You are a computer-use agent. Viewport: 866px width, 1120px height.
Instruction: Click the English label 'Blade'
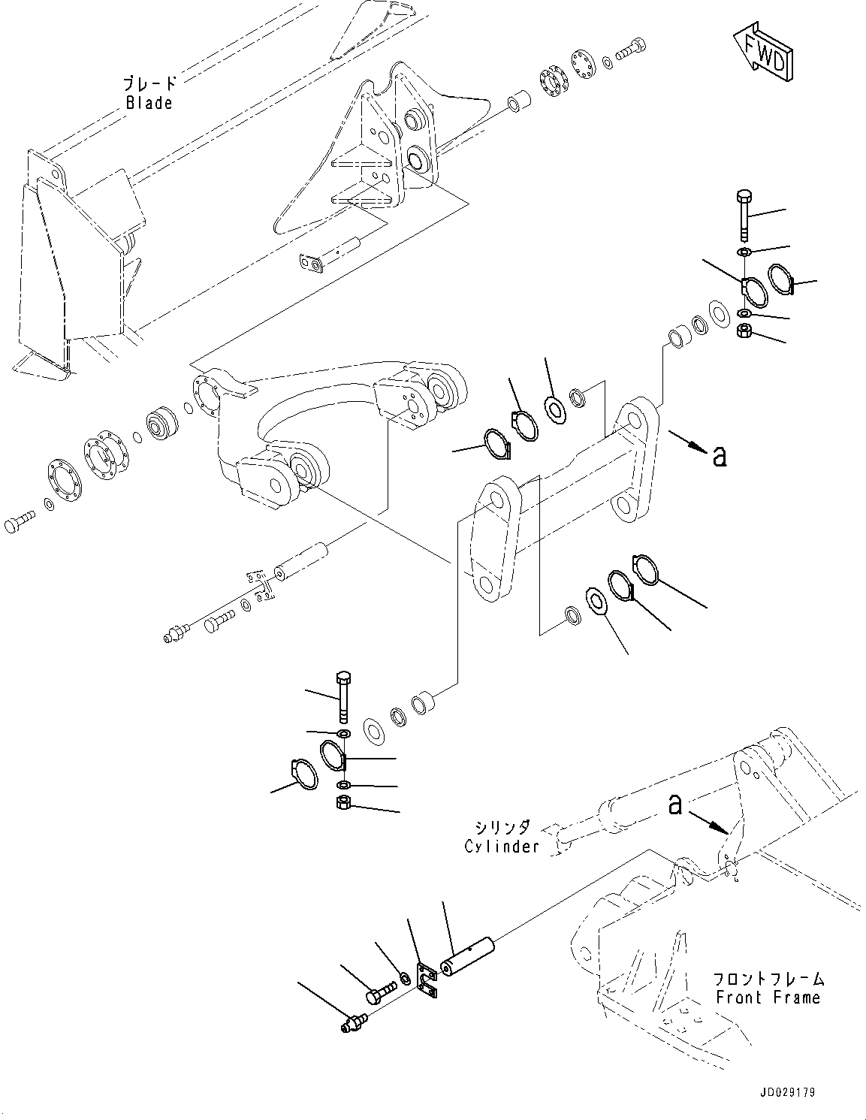pos(149,103)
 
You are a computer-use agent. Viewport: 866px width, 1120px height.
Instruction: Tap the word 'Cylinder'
pos(502,847)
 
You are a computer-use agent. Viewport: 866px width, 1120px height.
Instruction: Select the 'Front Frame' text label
pos(768,998)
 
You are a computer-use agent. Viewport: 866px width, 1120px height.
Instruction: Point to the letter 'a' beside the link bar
pos(719,455)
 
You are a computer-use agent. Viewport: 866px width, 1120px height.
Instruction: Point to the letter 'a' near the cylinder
pos(675,805)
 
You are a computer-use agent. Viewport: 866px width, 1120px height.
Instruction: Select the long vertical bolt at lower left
pos(344,693)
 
